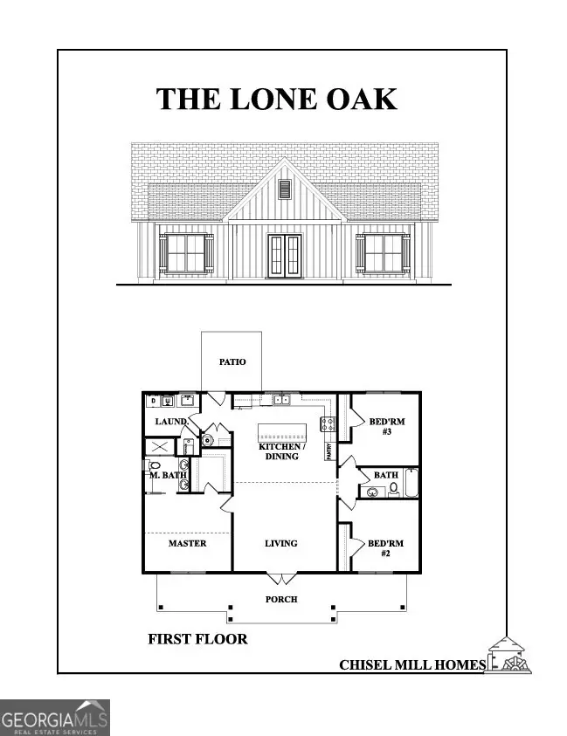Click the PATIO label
pyautogui.click(x=232, y=361)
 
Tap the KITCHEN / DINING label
pyautogui.click(x=280, y=451)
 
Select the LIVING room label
pyautogui.click(x=281, y=543)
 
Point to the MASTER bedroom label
pyautogui.click(x=187, y=543)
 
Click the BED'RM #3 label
pyautogui.click(x=386, y=427)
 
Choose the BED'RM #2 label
pyautogui.click(x=385, y=547)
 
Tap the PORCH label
pyautogui.click(x=281, y=599)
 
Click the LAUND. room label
pyautogui.click(x=171, y=423)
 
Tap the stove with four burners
pyautogui.click(x=329, y=424)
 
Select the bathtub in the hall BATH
pyautogui.click(x=411, y=483)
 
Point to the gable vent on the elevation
pyautogui.click(x=283, y=189)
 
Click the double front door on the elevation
pyautogui.click(x=283, y=254)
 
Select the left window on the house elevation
pyautogui.click(x=184, y=252)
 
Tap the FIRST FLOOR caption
pyautogui.click(x=197, y=639)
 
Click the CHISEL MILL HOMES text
pyautogui.click(x=411, y=665)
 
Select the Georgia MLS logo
pyautogui.click(x=55, y=717)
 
